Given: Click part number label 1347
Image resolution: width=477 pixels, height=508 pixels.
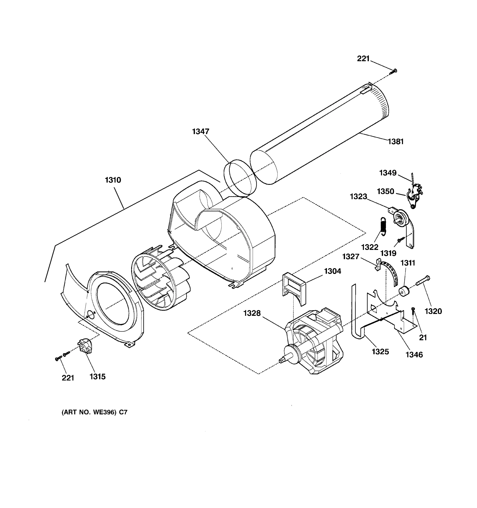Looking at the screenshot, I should click(x=200, y=131).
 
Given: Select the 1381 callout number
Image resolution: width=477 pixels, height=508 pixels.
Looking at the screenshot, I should click(x=396, y=142).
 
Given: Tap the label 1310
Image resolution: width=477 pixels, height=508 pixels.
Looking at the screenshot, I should click(x=113, y=180).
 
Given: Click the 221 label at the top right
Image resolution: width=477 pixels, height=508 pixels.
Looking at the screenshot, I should click(x=363, y=59).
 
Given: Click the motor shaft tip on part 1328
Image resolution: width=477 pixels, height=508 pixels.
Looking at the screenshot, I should click(x=282, y=360).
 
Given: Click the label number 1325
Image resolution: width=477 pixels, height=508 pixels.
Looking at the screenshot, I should click(x=380, y=352).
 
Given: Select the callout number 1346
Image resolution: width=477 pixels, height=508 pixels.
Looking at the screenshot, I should click(x=414, y=355).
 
